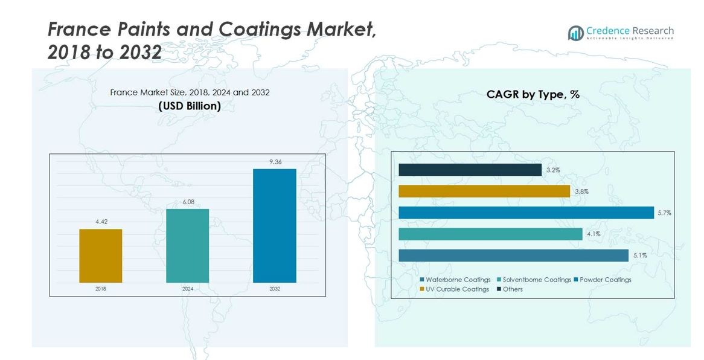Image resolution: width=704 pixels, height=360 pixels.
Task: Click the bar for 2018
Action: (100, 256)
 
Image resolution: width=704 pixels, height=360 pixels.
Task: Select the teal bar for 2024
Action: (187, 245)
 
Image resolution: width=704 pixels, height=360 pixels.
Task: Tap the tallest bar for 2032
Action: (274, 225)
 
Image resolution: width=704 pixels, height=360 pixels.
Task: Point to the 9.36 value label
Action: (275, 162)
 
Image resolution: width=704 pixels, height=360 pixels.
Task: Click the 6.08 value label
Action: (188, 202)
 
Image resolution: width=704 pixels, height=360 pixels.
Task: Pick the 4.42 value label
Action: (101, 222)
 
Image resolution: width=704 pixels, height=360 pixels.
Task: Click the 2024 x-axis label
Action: (188, 289)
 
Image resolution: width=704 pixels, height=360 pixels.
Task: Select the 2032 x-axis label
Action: (275, 289)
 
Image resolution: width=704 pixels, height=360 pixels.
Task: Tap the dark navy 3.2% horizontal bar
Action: (470, 170)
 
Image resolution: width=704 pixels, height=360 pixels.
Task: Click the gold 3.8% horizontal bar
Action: (484, 191)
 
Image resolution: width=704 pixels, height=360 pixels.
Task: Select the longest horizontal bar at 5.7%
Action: (526, 213)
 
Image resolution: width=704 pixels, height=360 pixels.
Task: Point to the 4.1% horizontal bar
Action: (490, 234)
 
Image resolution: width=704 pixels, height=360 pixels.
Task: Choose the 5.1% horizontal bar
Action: (513, 256)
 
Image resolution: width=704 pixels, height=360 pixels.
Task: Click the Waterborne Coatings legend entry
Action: (455, 280)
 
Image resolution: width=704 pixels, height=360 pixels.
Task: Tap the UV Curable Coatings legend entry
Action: (453, 289)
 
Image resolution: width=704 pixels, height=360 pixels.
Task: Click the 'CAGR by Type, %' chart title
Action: (533, 95)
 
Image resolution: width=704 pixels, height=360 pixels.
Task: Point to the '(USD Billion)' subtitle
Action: (190, 106)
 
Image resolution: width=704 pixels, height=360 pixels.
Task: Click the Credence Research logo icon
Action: (575, 33)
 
